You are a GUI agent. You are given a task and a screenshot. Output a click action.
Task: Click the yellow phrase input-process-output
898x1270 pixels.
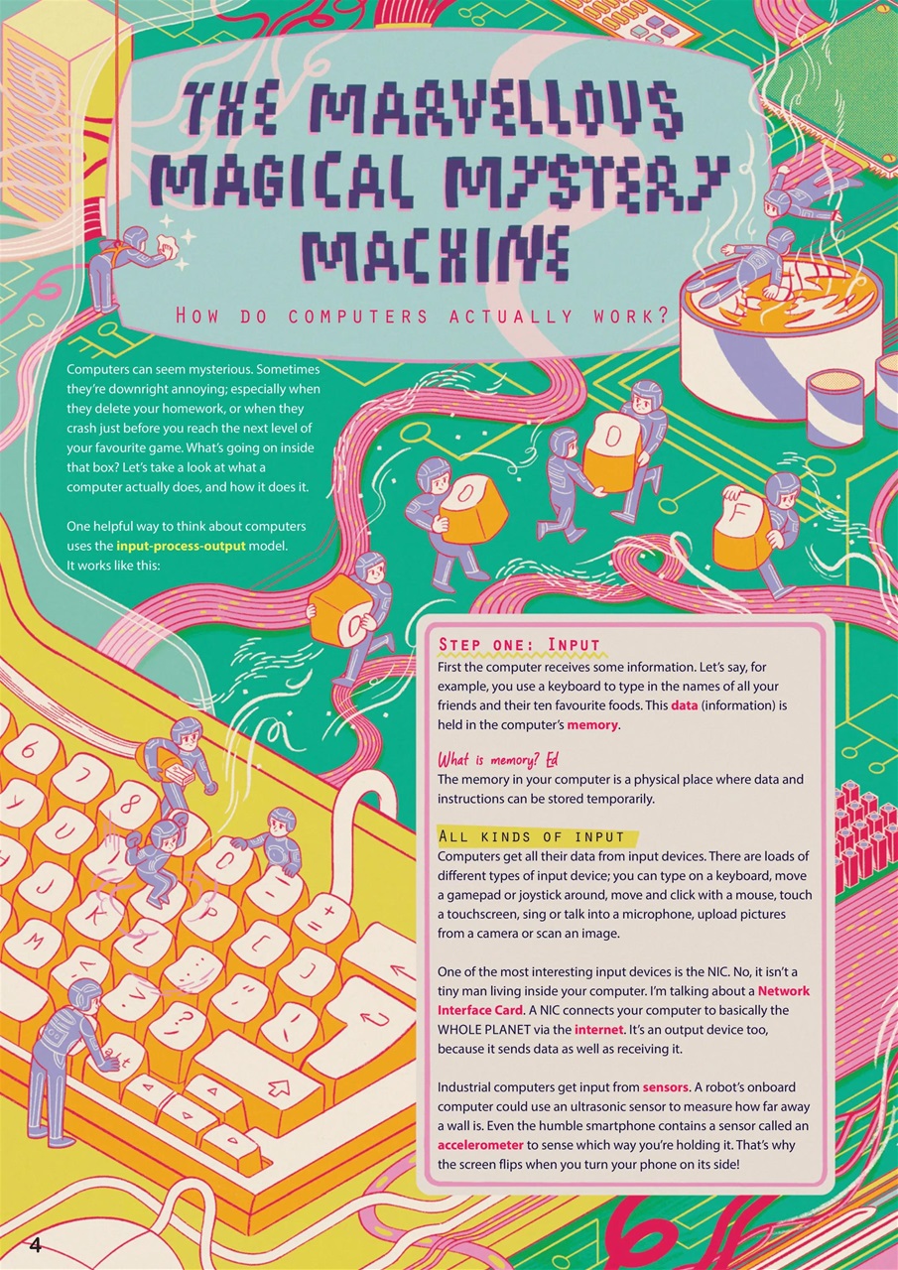point(181,546)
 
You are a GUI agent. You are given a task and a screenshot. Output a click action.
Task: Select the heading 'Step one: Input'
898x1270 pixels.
point(519,645)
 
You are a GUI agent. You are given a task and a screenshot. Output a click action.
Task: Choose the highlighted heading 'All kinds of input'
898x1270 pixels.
point(531,836)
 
